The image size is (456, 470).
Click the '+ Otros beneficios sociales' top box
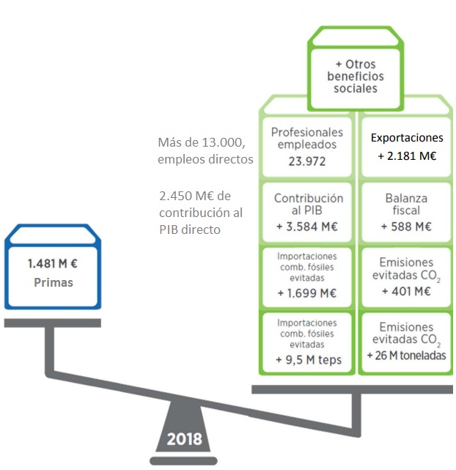(356, 76)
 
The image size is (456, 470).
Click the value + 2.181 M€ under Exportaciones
(406, 156)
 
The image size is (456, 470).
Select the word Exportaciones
(407, 137)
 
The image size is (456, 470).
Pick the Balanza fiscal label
(406, 205)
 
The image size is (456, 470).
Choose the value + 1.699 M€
(306, 293)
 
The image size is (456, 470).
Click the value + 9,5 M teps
(306, 359)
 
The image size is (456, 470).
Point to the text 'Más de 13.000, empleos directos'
(205, 150)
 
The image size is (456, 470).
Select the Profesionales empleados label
(306, 138)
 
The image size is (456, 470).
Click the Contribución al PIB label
(308, 205)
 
